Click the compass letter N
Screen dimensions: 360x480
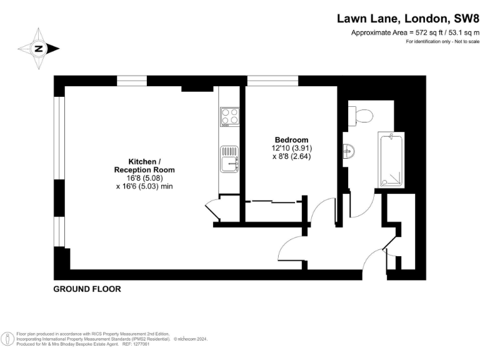38,49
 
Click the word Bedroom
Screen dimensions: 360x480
291,139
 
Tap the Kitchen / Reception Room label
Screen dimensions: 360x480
144,165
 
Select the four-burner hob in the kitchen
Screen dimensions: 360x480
229,116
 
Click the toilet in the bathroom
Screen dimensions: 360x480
362,114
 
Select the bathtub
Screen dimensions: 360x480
392,159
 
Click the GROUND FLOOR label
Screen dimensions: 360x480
87,289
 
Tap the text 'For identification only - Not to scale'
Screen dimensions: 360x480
442,41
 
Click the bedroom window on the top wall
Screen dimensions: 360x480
264,80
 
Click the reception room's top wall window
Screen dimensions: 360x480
132,80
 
